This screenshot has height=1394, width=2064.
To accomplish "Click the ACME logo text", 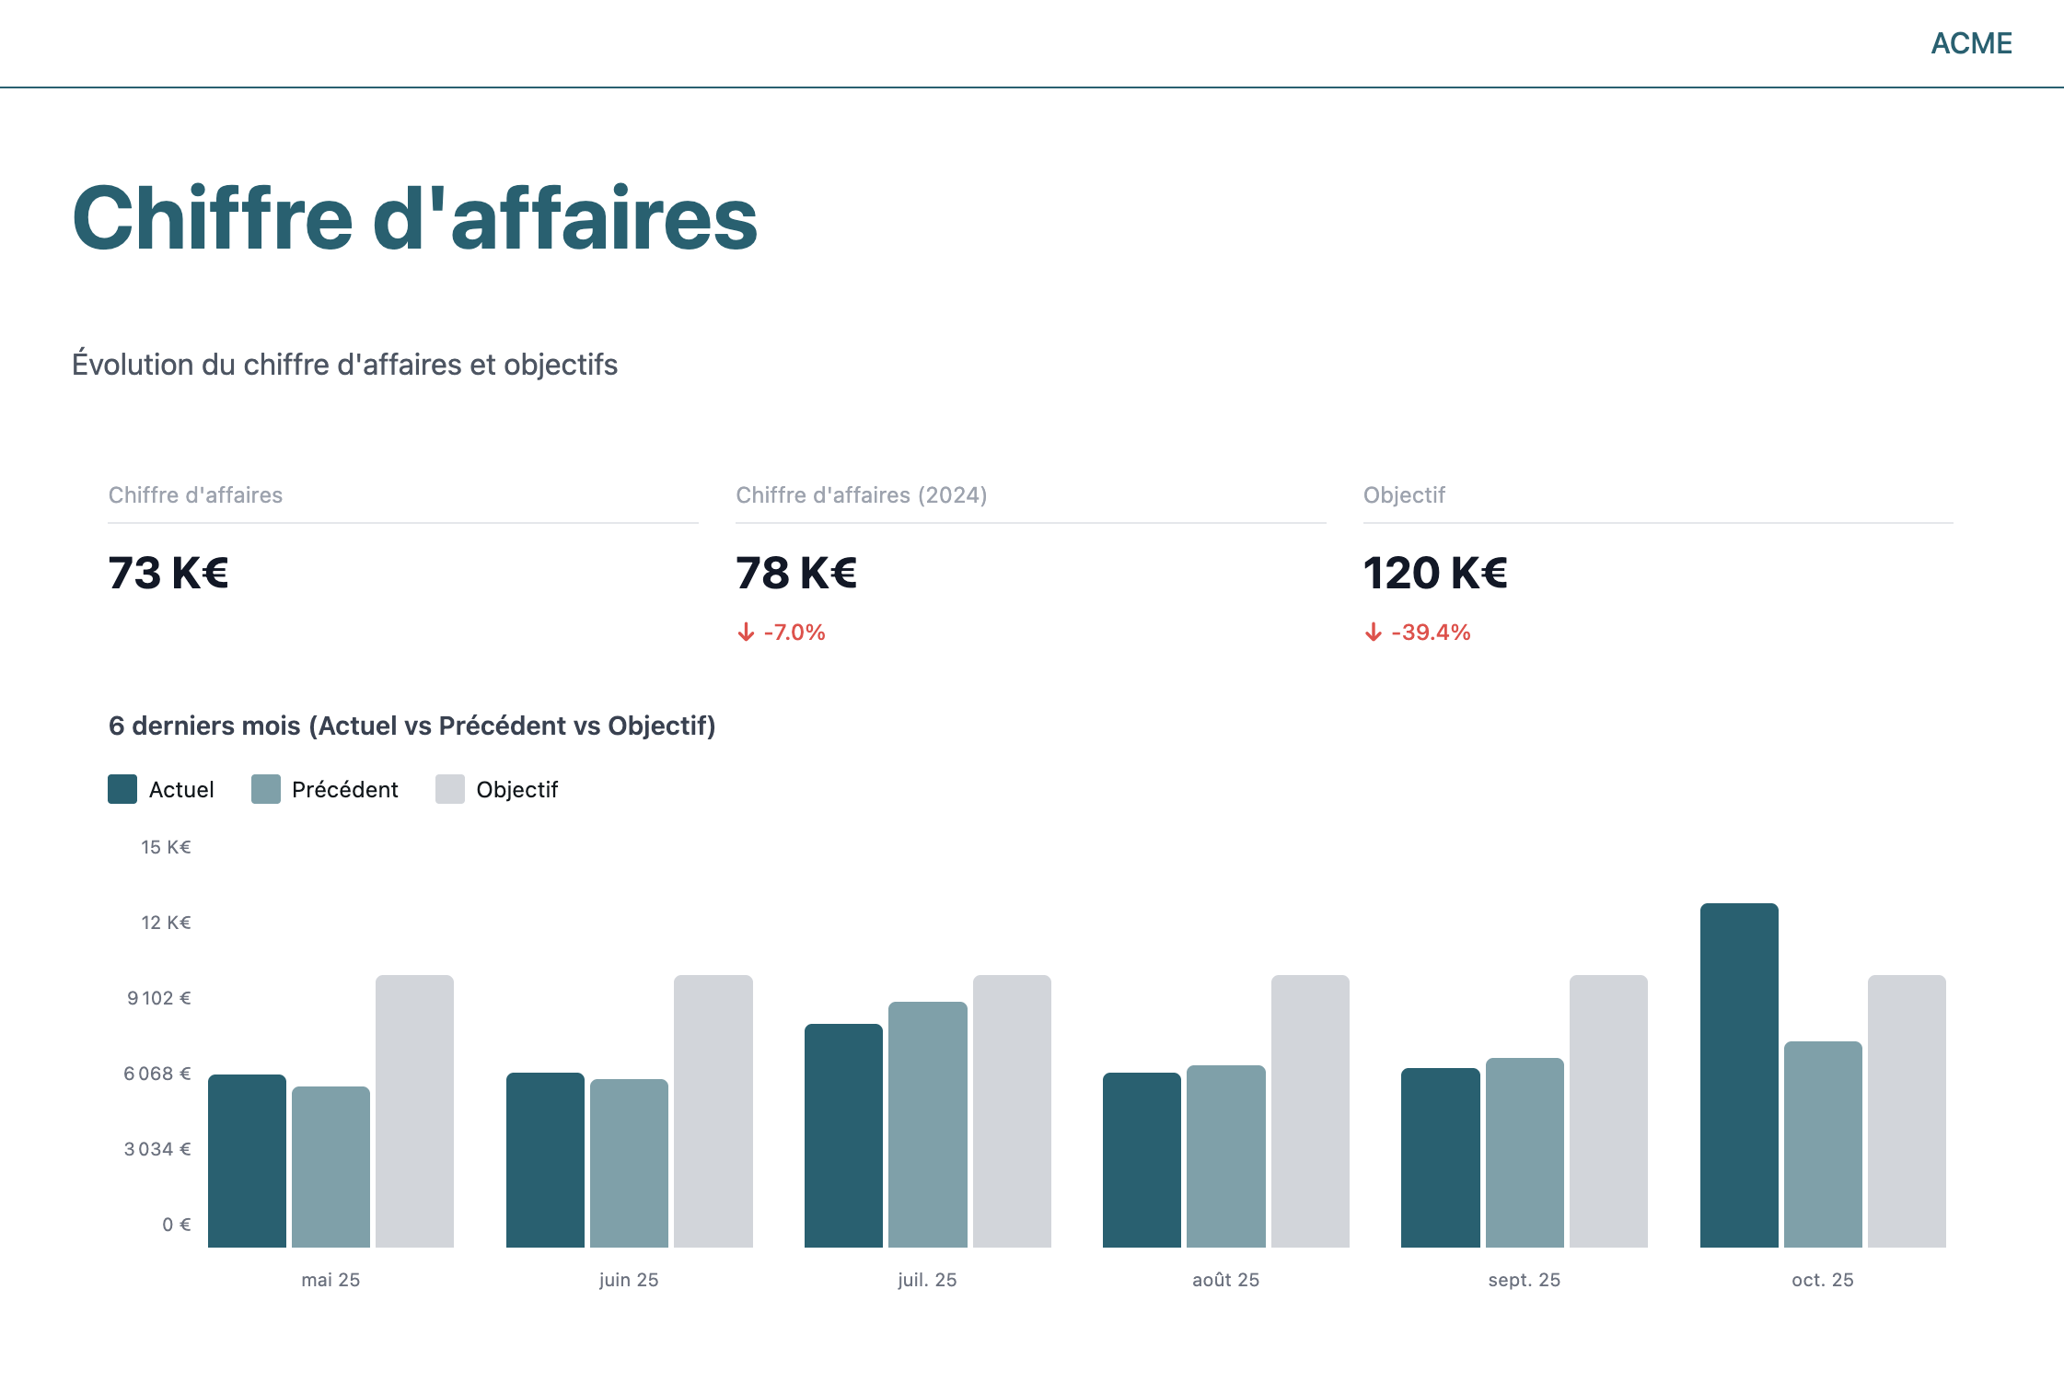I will [1971, 43].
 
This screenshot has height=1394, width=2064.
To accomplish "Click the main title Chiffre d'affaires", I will [414, 219].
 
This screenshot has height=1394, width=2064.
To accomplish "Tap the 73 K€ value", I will [168, 573].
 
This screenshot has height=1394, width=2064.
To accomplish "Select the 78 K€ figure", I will [796, 573].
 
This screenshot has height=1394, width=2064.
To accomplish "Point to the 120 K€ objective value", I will [1435, 573].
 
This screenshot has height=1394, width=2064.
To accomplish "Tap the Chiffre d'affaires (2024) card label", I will [861, 495].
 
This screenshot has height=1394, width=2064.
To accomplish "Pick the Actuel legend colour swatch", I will [122, 789].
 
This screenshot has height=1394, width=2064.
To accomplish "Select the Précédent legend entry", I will [325, 789].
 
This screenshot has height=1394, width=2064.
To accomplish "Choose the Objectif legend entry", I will [497, 789].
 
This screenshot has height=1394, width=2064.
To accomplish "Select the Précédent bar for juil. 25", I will [927, 1124].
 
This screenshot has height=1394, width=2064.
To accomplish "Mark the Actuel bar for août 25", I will [1142, 1160].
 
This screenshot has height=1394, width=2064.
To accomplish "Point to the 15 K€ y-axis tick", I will [166, 847].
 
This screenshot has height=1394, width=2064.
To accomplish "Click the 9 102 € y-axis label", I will [159, 998].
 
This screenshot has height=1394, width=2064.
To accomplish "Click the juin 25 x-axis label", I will [629, 1280].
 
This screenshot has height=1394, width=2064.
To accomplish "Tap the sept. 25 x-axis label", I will [1524, 1280].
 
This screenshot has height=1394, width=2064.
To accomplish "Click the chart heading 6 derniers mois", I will [412, 726].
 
